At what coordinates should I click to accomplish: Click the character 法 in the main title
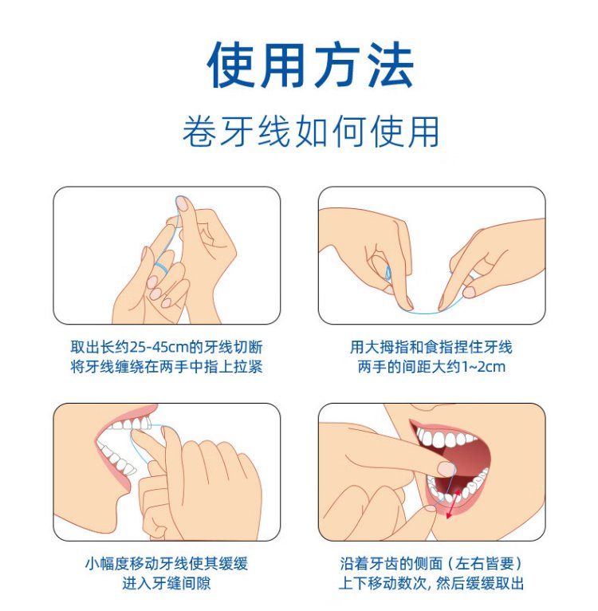(x=391, y=65)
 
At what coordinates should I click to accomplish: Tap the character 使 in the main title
(x=230, y=65)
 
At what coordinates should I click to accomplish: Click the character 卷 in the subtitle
(x=199, y=132)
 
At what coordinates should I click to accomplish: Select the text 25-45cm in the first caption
(x=159, y=347)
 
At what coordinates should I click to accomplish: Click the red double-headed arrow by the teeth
(x=454, y=504)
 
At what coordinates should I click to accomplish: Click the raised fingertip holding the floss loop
(x=183, y=203)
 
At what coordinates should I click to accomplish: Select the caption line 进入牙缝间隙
(x=167, y=583)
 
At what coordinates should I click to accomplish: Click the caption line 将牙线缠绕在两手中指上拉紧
(x=167, y=367)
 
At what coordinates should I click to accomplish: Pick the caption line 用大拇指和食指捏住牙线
(x=431, y=347)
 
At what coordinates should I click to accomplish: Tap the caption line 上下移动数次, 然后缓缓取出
(x=431, y=583)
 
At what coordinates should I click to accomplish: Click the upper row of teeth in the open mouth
(x=445, y=437)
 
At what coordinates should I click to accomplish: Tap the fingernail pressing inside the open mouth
(x=446, y=468)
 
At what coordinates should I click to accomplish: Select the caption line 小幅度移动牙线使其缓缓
(x=167, y=563)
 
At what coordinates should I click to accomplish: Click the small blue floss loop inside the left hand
(x=388, y=273)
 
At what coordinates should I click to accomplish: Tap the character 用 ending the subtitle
(x=423, y=132)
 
